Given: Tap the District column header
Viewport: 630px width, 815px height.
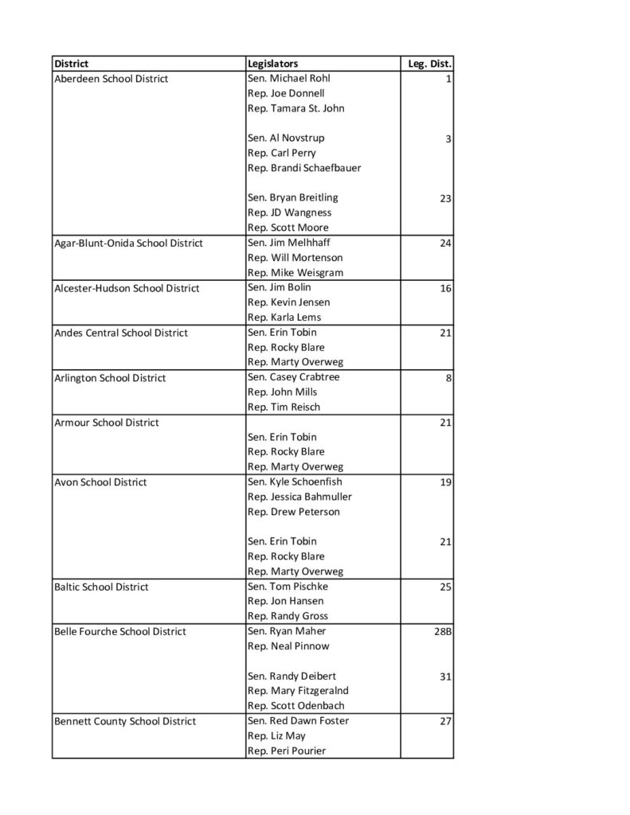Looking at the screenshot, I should point(71,63).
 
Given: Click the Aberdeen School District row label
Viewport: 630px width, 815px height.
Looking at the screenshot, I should point(111,79).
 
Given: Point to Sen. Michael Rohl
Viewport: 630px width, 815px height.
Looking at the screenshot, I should point(288,78).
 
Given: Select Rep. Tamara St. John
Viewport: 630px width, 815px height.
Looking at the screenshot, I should point(295,108).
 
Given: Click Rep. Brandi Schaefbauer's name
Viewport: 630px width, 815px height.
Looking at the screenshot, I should point(304,168).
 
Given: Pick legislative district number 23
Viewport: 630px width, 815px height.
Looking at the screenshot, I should point(445,198).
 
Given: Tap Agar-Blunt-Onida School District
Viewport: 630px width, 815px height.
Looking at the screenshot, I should point(128,243).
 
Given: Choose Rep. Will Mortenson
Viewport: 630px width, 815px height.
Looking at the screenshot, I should point(295,258).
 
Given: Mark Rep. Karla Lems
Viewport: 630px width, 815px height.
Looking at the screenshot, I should point(284,317).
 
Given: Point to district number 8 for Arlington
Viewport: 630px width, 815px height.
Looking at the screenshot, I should point(449,377).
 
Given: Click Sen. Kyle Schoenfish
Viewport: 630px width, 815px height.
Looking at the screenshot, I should point(293,482).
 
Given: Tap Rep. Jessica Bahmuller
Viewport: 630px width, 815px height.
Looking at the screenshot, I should point(299,497).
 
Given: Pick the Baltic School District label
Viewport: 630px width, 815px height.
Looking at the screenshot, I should point(101,587).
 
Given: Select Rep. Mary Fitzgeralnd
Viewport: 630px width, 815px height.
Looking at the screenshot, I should point(298,691).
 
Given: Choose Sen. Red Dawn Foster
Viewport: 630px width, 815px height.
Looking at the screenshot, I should point(298,720).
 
